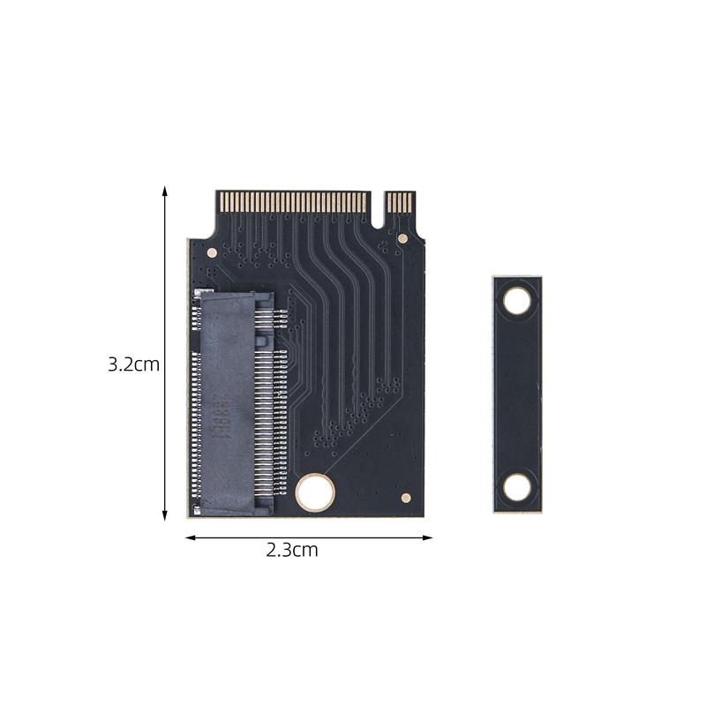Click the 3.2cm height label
point(133,364)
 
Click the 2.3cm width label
point(292,551)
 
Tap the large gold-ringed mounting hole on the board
point(314,491)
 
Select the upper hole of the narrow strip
point(517,302)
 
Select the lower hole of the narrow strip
point(517,486)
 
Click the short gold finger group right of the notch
point(401,201)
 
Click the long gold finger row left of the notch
point(292,201)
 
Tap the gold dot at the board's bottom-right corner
point(405,498)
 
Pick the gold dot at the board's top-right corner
point(403,238)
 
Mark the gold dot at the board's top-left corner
point(212,251)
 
